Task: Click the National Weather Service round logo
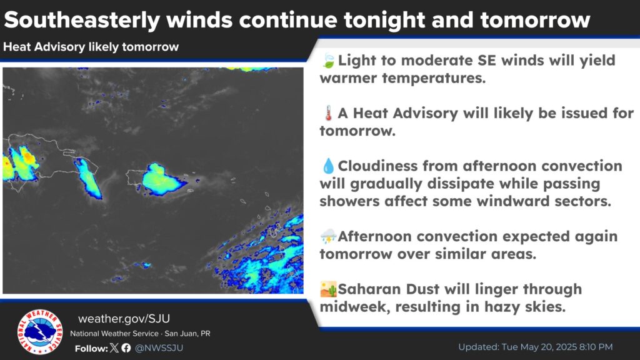[40, 332]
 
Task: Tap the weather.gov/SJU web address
[124, 319]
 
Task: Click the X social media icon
[115, 347]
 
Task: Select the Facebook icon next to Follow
[126, 347]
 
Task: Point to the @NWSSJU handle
[159, 348]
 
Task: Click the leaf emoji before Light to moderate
[327, 61]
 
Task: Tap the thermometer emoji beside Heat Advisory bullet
[328, 113]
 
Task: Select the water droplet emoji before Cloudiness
[328, 166]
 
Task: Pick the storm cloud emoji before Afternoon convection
[328, 236]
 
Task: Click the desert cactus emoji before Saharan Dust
[329, 289]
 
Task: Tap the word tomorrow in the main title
[535, 20]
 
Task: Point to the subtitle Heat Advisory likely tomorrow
[91, 47]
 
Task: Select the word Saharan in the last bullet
[369, 289]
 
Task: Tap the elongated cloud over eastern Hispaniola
[88, 178]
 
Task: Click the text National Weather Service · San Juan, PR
[140, 334]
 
